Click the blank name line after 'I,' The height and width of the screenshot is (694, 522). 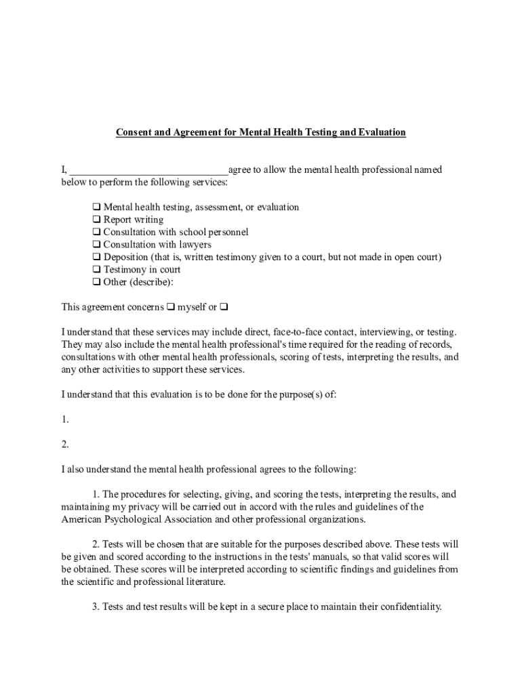click(148, 170)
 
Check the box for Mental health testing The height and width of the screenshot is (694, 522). click(96, 207)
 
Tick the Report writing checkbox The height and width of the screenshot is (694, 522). click(96, 220)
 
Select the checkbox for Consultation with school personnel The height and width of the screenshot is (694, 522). click(96, 232)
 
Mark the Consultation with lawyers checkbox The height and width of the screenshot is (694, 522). click(96, 245)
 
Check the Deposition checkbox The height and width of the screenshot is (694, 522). click(96, 258)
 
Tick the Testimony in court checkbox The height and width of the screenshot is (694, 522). click(96, 270)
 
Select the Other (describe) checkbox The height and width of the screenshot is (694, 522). click(96, 282)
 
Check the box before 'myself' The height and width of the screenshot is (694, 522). click(171, 308)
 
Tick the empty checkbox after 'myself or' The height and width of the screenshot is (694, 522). click(224, 308)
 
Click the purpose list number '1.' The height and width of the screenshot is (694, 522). click(65, 420)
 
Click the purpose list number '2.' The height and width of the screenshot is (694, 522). click(65, 445)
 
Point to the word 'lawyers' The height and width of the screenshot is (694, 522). click(195, 245)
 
